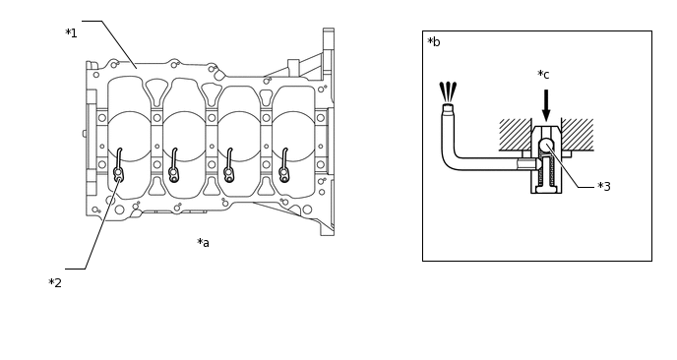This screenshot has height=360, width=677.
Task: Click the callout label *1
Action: [x=71, y=33]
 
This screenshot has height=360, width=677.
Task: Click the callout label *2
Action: [x=55, y=283]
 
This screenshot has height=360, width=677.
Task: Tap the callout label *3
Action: [x=604, y=187]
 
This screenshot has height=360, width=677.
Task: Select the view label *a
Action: [x=203, y=243]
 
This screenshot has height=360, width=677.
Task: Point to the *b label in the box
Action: [x=434, y=42]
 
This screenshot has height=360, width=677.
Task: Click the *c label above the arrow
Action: [x=543, y=74]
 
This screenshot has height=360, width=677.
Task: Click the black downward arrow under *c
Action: [x=546, y=105]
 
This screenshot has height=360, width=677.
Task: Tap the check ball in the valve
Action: [x=546, y=145]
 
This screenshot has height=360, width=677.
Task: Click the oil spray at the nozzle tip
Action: [x=448, y=91]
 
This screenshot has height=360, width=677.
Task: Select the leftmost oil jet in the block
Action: [x=118, y=165]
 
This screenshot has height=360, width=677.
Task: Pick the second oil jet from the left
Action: [x=173, y=165]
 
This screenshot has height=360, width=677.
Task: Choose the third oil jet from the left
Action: [x=228, y=165]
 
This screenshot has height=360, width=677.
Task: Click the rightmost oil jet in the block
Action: [x=283, y=165]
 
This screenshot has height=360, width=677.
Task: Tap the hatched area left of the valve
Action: [x=515, y=135]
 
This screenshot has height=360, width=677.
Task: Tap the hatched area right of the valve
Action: [x=578, y=135]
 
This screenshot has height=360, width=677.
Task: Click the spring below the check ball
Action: [x=546, y=170]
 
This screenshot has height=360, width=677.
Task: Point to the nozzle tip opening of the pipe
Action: [x=448, y=105]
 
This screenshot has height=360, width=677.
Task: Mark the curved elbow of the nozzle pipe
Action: [x=448, y=163]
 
